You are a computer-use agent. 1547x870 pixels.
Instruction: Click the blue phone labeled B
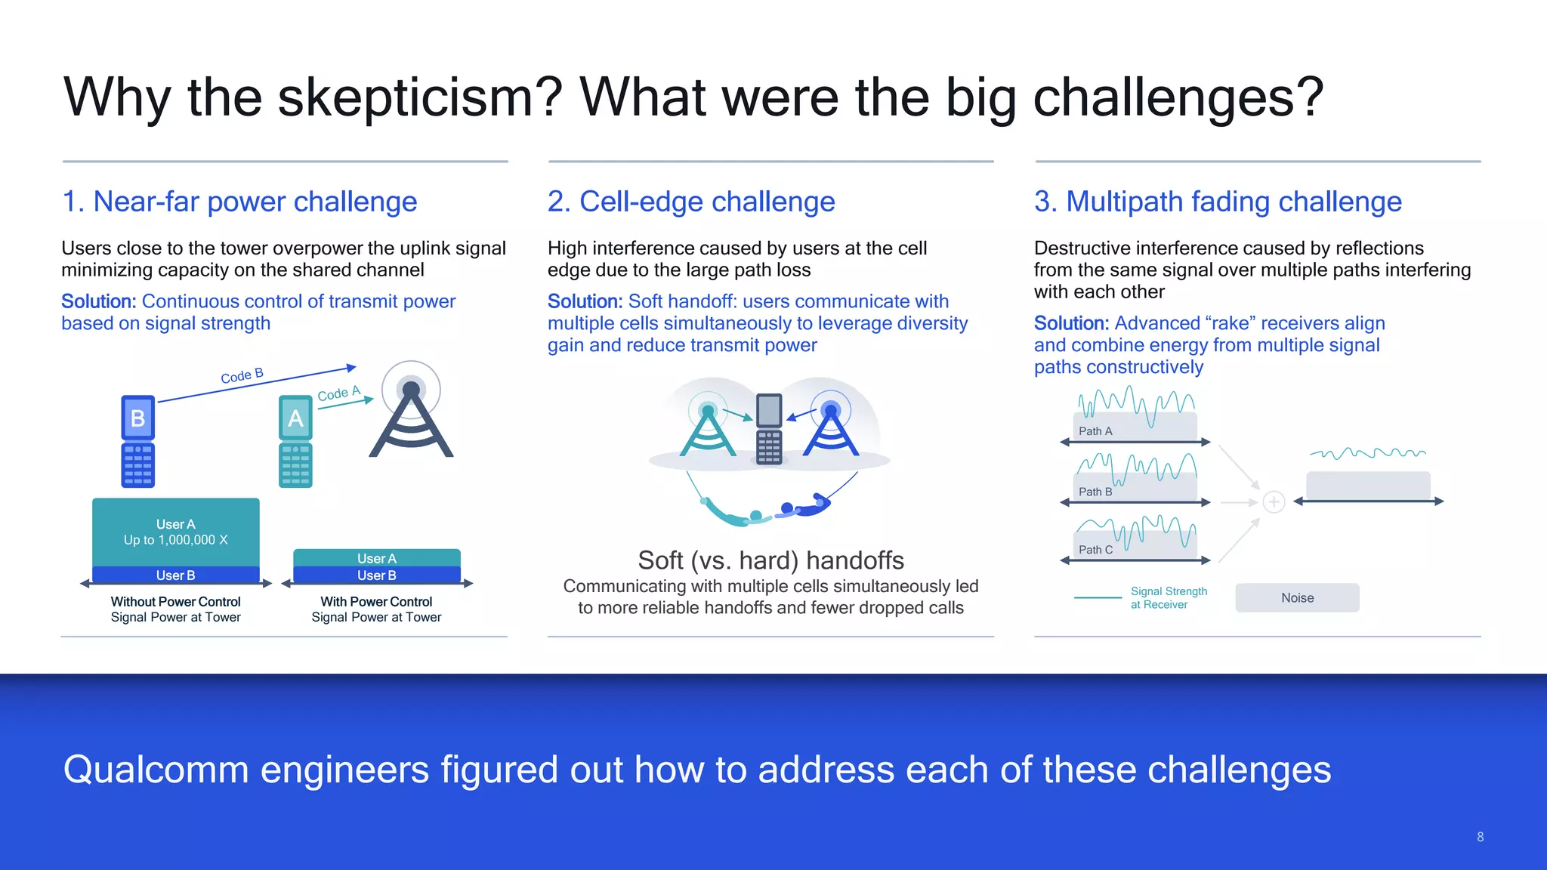138,441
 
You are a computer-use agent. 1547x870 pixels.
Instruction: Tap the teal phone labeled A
295,441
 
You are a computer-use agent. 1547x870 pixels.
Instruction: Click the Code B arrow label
242,375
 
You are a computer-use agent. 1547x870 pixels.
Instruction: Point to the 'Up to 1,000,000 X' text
175,540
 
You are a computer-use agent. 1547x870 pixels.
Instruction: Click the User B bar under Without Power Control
175,575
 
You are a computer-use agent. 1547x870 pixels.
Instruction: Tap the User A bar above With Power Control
376,557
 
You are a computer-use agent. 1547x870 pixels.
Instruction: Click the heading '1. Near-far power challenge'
239,202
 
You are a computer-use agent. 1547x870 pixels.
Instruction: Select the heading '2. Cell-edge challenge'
691,202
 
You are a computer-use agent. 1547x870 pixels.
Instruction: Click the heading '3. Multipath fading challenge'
1218,202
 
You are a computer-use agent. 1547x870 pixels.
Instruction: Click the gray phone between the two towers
769,428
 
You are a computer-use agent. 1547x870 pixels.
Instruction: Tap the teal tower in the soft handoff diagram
708,430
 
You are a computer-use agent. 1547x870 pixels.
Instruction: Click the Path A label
1095,431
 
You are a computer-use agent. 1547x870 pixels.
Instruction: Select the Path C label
1095,550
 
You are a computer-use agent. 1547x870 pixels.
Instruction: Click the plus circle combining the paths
1274,502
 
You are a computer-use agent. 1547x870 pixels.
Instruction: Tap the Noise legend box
1297,597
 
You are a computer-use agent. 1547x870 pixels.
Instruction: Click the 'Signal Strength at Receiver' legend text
1168,597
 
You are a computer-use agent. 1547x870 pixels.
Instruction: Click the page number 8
1480,837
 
